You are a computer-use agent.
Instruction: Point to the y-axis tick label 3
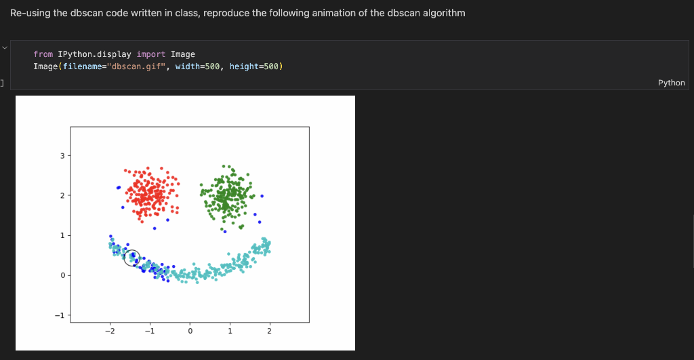62,156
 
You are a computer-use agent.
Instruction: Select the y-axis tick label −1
60,315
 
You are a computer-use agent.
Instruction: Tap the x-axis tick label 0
190,331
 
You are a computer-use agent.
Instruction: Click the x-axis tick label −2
109,331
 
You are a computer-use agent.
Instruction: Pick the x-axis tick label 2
270,331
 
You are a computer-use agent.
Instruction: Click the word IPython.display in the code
94,54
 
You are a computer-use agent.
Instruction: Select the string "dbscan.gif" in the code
136,66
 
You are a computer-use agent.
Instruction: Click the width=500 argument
197,66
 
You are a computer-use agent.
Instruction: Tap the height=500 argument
254,66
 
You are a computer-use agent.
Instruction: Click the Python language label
671,83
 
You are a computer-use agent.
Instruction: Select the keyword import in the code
151,54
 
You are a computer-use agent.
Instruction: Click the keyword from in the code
43,54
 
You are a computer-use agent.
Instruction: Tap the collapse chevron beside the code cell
5,47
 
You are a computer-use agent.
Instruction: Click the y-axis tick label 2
62,196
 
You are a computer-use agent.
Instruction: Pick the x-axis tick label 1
230,331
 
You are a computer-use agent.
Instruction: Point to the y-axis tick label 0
62,275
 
